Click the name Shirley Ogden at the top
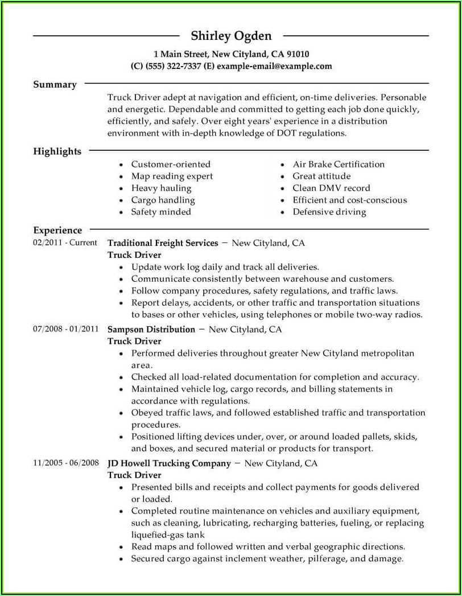click(x=231, y=36)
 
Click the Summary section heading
click(x=55, y=84)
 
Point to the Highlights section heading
click(x=57, y=151)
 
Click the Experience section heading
click(x=57, y=231)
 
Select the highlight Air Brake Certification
click(x=339, y=164)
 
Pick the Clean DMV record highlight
click(x=331, y=188)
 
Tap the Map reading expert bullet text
click(x=172, y=176)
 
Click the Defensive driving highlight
click(x=329, y=212)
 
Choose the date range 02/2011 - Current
click(x=65, y=243)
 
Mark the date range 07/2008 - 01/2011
click(x=66, y=329)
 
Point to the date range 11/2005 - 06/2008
click(x=66, y=463)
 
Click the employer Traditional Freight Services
click(x=163, y=243)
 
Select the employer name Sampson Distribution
click(x=151, y=329)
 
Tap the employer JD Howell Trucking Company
click(x=169, y=463)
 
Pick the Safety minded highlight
click(x=161, y=212)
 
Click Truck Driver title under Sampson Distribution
click(x=134, y=341)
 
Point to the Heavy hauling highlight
click(x=161, y=188)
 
